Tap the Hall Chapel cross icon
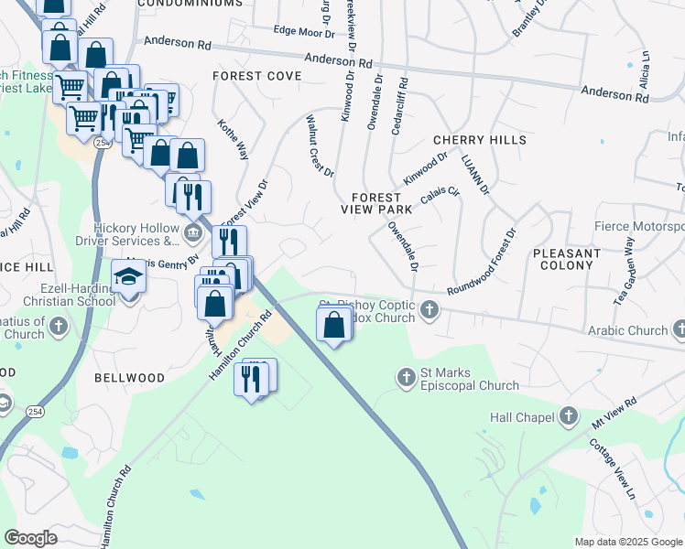click(569, 417)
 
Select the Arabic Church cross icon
click(679, 328)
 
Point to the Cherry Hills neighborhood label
click(479, 140)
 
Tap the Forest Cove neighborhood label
click(250, 76)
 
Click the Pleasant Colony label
click(566, 261)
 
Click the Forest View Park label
click(376, 203)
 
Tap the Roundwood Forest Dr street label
click(483, 263)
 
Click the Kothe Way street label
click(234, 139)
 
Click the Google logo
click(31, 538)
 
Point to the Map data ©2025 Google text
click(627, 542)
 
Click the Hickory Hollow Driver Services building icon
click(192, 233)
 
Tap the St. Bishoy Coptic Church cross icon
click(429, 313)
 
